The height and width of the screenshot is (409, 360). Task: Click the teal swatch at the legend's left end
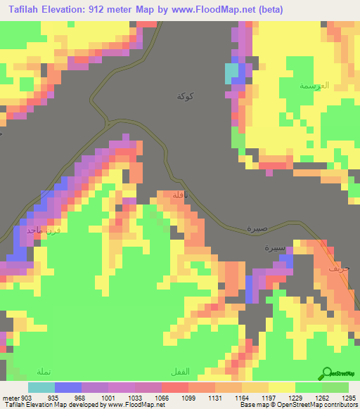click(41, 387)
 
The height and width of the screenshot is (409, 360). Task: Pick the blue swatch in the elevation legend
click(67, 387)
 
